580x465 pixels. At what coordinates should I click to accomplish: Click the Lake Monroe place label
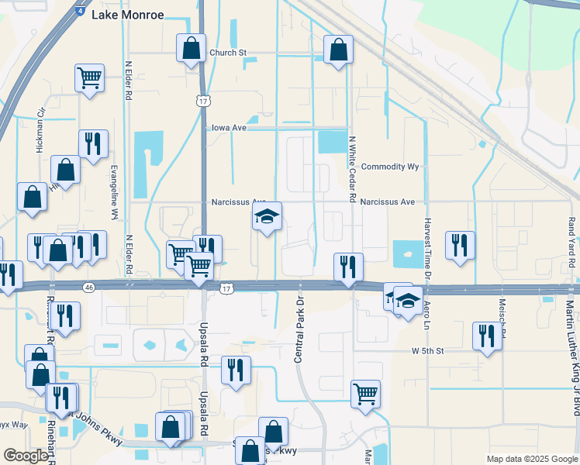pos(128,15)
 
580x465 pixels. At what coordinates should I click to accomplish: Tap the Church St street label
pos(227,53)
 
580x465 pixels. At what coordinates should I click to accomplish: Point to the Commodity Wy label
pos(390,167)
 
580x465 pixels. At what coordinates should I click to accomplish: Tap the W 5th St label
pos(427,351)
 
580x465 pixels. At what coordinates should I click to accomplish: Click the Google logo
pos(26,456)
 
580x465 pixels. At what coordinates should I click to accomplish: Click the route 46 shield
pos(90,288)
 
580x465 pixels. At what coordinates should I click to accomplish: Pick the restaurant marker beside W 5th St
pos(487,336)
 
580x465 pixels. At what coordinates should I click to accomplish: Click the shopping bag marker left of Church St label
pos(191,48)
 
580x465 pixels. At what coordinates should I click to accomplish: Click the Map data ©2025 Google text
pos(531,459)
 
